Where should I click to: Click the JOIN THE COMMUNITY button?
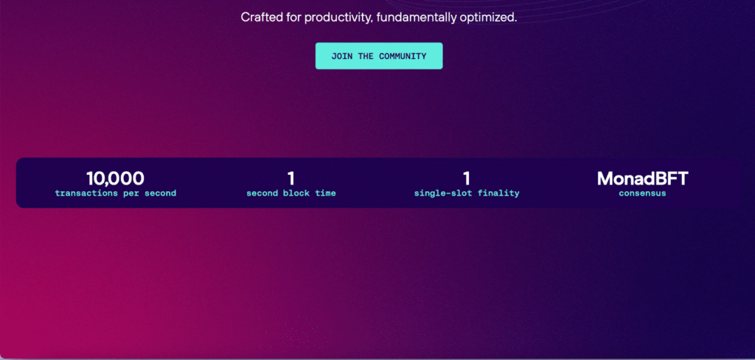pyautogui.click(x=379, y=56)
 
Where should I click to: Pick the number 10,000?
pyautogui.click(x=116, y=179)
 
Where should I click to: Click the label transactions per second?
pyautogui.click(x=116, y=194)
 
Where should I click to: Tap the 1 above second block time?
pyautogui.click(x=290, y=179)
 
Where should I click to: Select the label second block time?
pyautogui.click(x=290, y=194)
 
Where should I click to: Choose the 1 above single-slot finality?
pyautogui.click(x=467, y=179)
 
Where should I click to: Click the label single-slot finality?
pyautogui.click(x=467, y=194)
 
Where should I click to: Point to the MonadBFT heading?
pyautogui.click(x=642, y=179)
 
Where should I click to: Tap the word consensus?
pyautogui.click(x=642, y=194)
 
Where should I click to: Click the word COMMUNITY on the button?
pyautogui.click(x=403, y=56)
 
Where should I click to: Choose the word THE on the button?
pyautogui.click(x=366, y=56)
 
